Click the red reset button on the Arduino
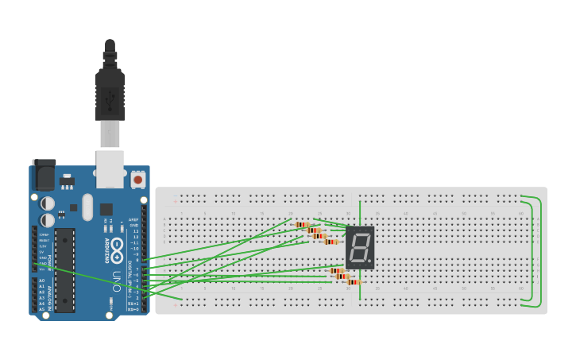138,180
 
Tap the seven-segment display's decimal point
369,261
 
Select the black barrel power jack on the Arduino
44,175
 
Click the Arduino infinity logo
118,246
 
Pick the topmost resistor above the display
302,225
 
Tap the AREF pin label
133,219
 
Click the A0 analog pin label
41,281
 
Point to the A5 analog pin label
41,308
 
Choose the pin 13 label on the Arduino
135,231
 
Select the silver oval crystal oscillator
87,207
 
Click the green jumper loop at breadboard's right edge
538,250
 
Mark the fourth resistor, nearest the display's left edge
331,242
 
